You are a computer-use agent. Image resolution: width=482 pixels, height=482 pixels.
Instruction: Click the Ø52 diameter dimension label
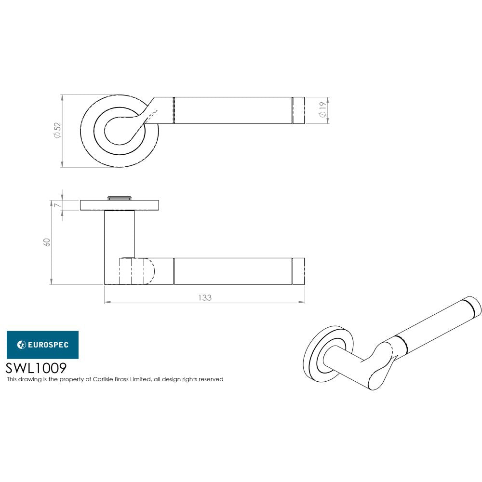(x=57, y=131)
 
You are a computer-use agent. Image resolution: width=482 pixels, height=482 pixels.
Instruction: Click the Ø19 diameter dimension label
(x=321, y=110)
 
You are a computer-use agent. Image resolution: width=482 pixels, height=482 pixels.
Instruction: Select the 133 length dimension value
(x=205, y=297)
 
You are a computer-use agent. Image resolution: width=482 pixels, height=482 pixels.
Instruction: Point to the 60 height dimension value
(x=47, y=242)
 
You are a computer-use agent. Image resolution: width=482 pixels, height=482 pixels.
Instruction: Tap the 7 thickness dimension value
(x=57, y=205)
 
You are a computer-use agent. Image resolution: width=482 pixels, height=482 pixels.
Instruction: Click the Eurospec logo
(x=42, y=344)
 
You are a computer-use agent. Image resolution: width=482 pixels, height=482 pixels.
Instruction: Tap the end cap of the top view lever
(x=299, y=110)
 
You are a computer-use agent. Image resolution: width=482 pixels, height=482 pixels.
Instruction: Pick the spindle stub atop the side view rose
(x=119, y=197)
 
